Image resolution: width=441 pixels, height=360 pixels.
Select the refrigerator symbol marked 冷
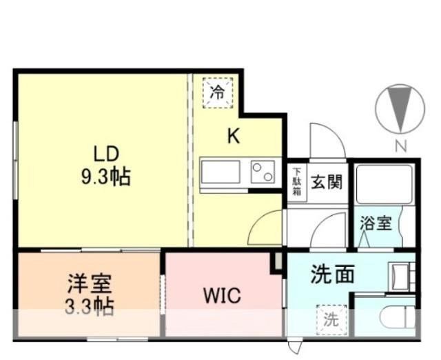click(218, 92)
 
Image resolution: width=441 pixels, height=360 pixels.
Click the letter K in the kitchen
click(234, 136)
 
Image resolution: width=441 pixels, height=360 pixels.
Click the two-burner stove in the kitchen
click(262, 170)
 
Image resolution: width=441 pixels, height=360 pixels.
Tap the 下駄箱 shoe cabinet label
click(296, 183)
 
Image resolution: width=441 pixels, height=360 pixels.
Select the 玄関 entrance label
click(326, 183)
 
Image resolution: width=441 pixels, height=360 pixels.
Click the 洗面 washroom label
click(333, 274)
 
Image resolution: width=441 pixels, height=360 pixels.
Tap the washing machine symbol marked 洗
click(331, 319)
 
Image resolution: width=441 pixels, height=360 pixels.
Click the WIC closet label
click(221, 297)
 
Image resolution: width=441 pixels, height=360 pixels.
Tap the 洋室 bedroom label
click(89, 282)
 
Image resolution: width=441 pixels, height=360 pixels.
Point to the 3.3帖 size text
click(89, 306)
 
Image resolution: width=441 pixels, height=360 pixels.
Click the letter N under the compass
click(400, 146)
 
